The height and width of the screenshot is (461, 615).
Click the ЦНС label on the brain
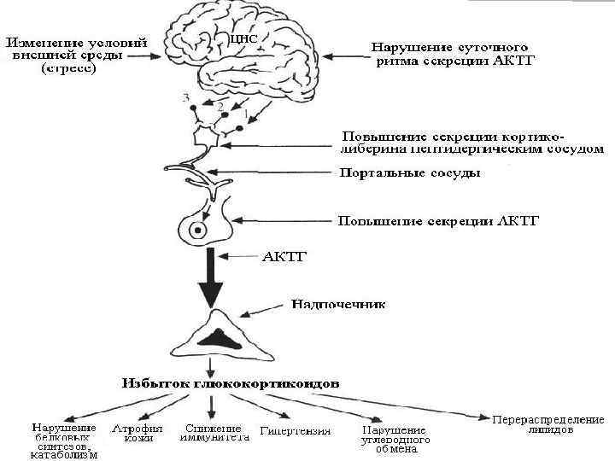click(244, 39)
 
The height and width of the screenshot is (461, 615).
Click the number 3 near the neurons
click(185, 98)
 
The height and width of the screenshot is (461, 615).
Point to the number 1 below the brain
click(246, 112)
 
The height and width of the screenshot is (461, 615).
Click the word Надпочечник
click(338, 303)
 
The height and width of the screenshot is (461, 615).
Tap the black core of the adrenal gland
click(222, 337)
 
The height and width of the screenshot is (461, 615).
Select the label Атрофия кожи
click(137, 433)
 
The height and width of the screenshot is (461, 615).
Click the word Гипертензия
click(296, 431)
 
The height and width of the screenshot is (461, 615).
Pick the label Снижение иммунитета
click(214, 433)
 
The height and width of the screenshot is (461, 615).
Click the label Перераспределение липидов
click(548, 424)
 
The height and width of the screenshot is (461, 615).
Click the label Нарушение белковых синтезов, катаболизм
click(65, 441)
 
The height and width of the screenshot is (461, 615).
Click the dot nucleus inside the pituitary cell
click(199, 230)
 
